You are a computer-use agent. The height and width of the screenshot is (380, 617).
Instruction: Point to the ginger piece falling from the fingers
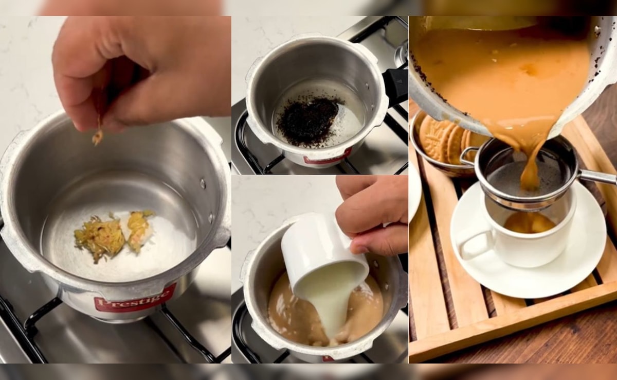click(97, 137)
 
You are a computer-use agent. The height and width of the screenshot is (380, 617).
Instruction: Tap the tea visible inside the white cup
click(529, 223)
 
